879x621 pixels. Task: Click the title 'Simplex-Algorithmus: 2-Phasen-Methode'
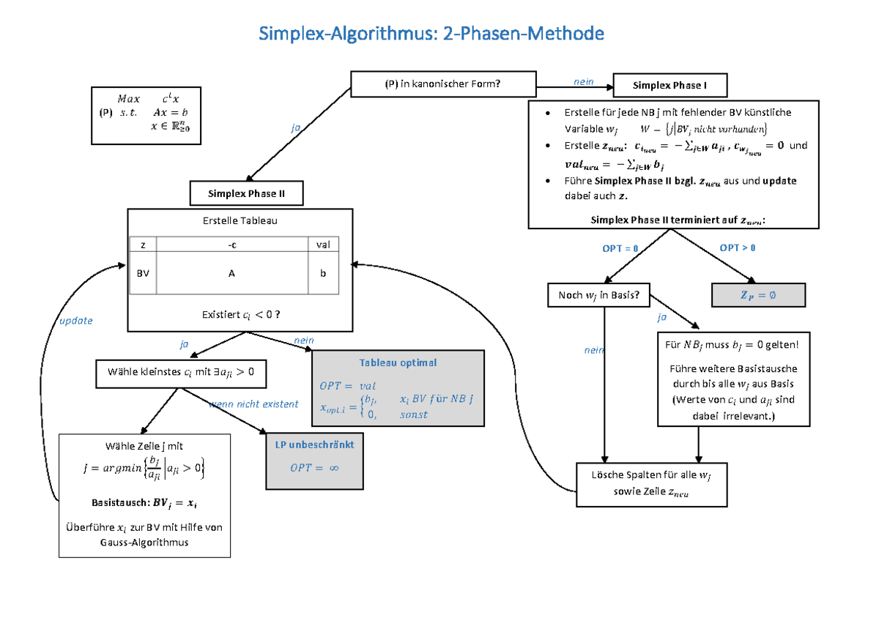432,33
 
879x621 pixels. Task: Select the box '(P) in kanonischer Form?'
443,84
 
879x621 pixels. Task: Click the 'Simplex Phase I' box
670,86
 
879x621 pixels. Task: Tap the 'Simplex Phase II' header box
246,194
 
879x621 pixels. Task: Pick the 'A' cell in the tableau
231,273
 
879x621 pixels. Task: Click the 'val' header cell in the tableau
322,245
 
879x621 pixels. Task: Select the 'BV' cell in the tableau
143,273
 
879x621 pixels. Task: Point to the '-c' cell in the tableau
231,245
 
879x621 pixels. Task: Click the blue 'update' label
76,321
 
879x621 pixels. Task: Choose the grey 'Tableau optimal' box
398,388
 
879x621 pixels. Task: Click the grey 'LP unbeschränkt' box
314,461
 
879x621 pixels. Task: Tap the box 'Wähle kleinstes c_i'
181,373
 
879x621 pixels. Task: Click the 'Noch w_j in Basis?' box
598,295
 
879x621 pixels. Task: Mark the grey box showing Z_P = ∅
758,295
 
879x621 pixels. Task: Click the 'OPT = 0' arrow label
620,249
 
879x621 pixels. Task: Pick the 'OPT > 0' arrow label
738,248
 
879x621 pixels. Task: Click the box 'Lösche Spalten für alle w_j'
651,484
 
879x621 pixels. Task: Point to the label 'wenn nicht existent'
253,404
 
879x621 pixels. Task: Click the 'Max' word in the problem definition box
128,99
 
